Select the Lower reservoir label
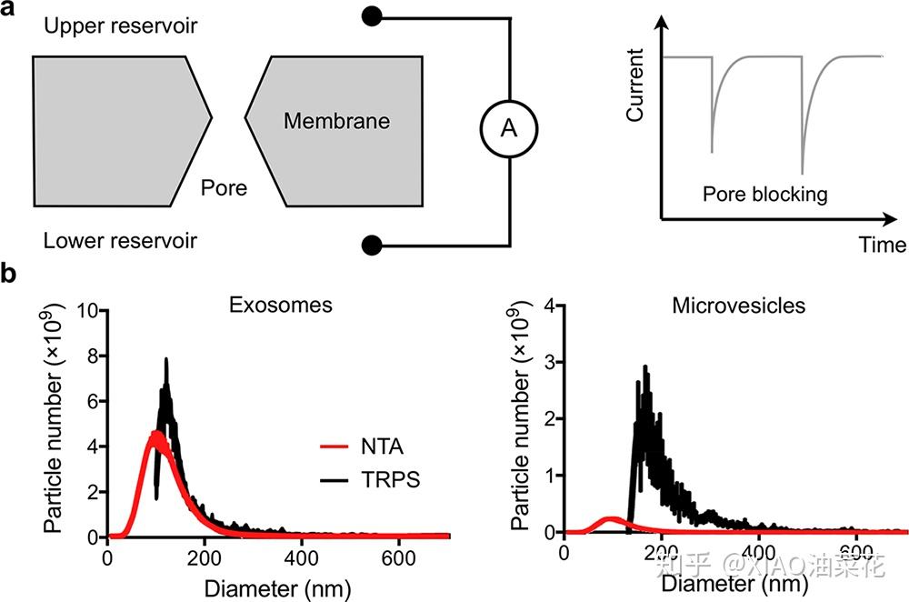click(x=121, y=241)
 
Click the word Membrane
click(x=335, y=121)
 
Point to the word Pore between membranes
click(x=224, y=189)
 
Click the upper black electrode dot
click(x=370, y=16)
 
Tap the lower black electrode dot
click(x=370, y=244)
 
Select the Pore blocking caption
click(x=764, y=194)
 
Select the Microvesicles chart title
click(x=738, y=305)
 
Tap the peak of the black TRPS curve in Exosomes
click(x=166, y=360)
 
